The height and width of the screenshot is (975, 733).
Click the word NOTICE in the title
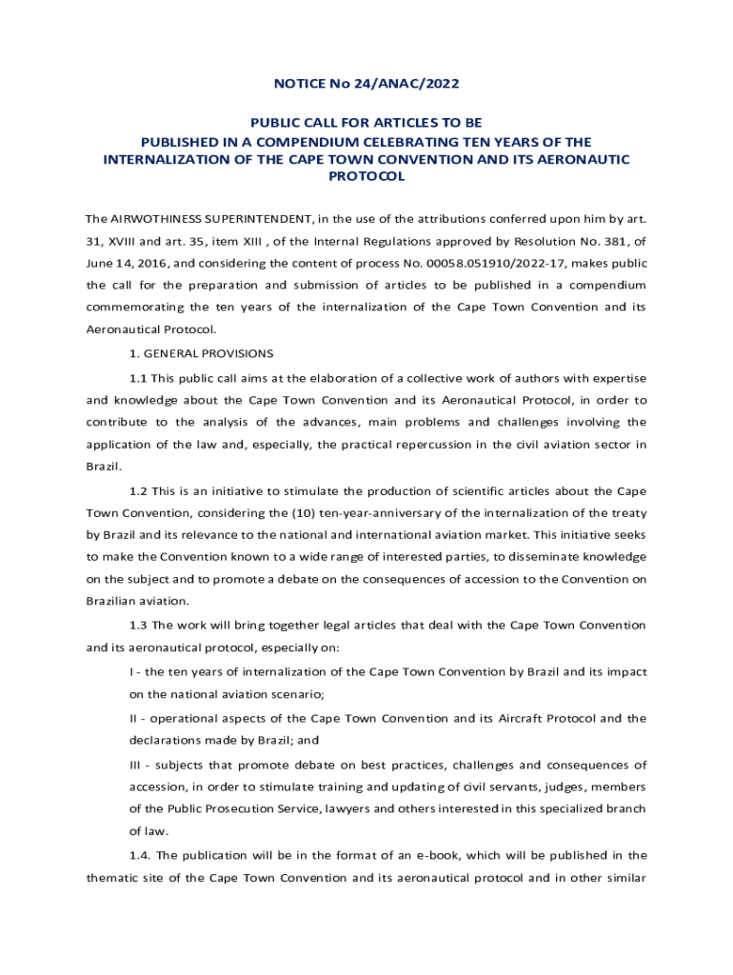(x=298, y=84)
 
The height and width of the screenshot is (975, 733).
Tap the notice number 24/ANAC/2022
(x=406, y=84)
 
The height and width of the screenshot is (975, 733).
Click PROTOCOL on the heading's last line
(x=366, y=176)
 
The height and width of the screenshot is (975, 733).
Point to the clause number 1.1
(x=138, y=376)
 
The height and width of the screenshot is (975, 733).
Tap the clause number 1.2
(x=138, y=491)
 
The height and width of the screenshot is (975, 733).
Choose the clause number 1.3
(x=138, y=626)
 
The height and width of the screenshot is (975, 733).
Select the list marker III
(x=137, y=765)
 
